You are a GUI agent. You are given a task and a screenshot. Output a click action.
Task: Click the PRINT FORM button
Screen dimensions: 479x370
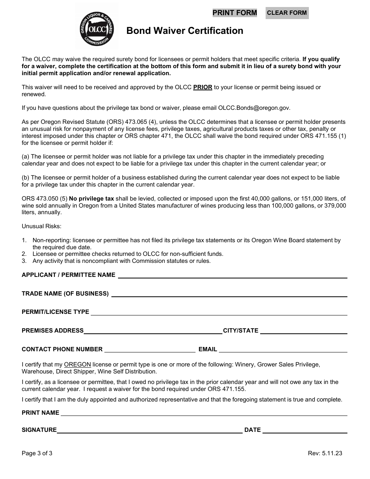tap(234, 13)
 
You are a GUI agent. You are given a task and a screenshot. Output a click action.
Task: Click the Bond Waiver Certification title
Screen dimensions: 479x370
tap(185, 31)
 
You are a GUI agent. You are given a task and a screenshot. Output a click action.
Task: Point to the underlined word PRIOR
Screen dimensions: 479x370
tap(203, 87)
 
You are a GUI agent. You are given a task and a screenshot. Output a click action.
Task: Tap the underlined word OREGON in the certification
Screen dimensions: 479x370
tap(78, 365)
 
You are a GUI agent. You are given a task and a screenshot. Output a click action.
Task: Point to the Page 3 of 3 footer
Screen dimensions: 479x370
tap(37, 453)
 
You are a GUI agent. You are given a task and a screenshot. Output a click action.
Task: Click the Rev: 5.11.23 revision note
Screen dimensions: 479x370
tap(325, 453)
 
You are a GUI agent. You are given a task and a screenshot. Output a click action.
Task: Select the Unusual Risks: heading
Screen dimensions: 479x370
tap(42, 226)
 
